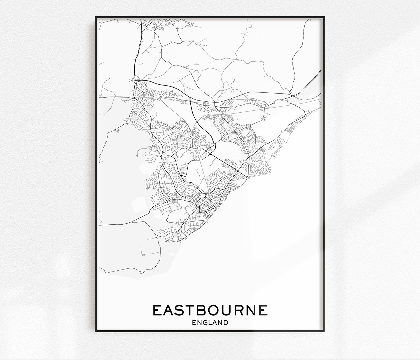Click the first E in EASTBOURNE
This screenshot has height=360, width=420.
click(x=158, y=310)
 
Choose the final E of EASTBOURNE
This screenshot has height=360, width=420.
click(x=263, y=310)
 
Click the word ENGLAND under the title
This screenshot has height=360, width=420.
click(x=210, y=322)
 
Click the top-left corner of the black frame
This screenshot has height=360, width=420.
click(x=96, y=17)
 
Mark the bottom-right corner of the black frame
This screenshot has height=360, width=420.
click(x=324, y=340)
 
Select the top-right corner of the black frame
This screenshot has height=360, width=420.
click(x=324, y=17)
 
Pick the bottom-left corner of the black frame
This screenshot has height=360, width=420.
click(x=96, y=340)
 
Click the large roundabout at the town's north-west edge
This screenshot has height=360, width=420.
click(x=135, y=82)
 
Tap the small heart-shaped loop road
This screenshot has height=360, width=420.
click(x=118, y=130)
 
